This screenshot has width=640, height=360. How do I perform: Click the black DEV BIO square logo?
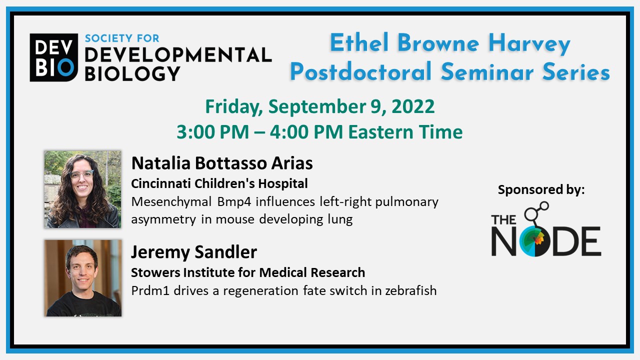point(53,57)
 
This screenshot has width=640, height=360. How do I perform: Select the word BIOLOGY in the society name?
point(132,73)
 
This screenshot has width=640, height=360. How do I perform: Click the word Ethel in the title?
point(359,42)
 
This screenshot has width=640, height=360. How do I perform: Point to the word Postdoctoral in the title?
point(360,71)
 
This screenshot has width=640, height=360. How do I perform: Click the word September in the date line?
point(317,107)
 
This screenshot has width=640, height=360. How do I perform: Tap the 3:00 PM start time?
point(212,132)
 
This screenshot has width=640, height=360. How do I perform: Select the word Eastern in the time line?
point(380,132)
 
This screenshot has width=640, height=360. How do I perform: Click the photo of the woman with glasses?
point(82,189)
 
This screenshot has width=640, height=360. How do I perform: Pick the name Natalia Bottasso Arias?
point(222,163)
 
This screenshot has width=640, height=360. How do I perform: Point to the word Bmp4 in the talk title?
point(234,202)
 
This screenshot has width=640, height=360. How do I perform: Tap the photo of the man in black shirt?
point(83,278)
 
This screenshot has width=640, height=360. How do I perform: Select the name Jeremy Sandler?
point(194,252)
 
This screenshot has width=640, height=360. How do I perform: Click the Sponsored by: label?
point(541,190)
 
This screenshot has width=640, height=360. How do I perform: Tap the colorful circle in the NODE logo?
point(535,241)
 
